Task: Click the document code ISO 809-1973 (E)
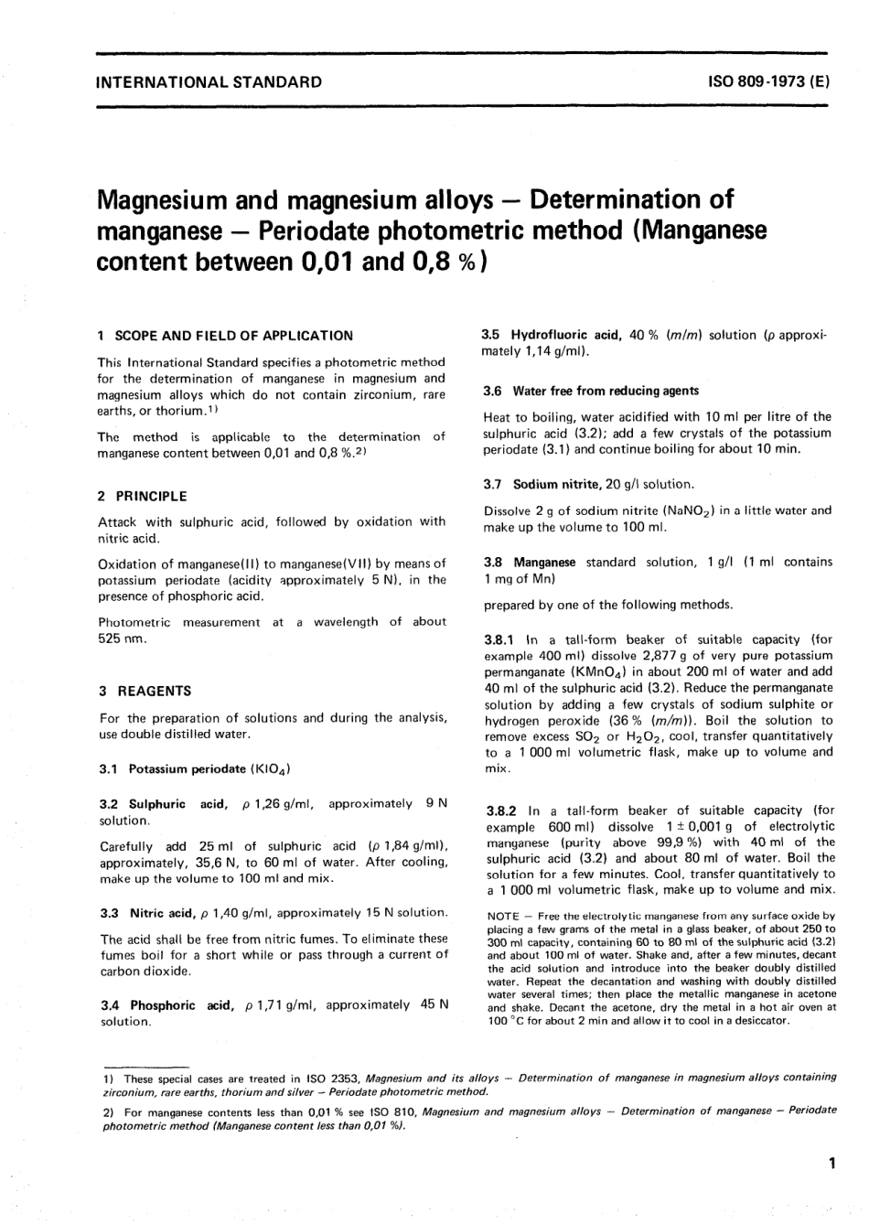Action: tap(768, 81)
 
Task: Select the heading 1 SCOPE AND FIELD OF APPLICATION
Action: tap(225, 336)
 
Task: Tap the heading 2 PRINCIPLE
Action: tap(142, 496)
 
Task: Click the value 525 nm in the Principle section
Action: tap(122, 639)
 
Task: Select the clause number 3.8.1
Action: tap(500, 639)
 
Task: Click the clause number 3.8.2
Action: tap(500, 811)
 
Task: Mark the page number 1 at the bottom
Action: tap(831, 1165)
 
